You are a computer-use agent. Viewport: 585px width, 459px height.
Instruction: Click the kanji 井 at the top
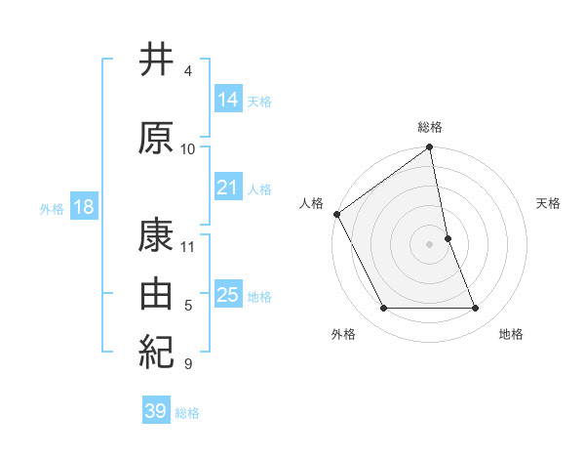[156, 61]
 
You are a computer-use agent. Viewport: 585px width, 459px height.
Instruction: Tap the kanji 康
[156, 235]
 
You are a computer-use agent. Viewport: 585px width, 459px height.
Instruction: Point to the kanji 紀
[156, 348]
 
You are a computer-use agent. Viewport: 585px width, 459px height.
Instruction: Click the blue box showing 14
[229, 99]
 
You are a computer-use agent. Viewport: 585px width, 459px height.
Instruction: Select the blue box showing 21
[229, 188]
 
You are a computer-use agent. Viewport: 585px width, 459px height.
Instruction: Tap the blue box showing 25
[229, 295]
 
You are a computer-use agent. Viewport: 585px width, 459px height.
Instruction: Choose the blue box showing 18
[83, 207]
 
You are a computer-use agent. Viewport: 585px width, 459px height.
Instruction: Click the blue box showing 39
[156, 411]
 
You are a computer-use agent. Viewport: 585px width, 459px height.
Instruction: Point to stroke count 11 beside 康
[188, 245]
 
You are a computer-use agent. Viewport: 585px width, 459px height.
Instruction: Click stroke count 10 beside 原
[188, 148]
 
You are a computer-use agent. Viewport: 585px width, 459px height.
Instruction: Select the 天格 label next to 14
[259, 101]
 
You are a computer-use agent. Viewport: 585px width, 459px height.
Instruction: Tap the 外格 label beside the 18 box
[52, 208]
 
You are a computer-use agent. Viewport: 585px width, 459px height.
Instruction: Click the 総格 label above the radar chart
[430, 127]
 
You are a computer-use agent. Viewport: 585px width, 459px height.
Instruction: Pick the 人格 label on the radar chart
[312, 203]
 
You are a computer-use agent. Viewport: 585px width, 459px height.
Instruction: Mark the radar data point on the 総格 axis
[429, 148]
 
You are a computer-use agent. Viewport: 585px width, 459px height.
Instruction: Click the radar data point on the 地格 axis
[476, 309]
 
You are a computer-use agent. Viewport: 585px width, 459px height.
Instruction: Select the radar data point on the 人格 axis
[336, 214]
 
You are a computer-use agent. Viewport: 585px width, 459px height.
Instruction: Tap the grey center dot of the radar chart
[429, 244]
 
